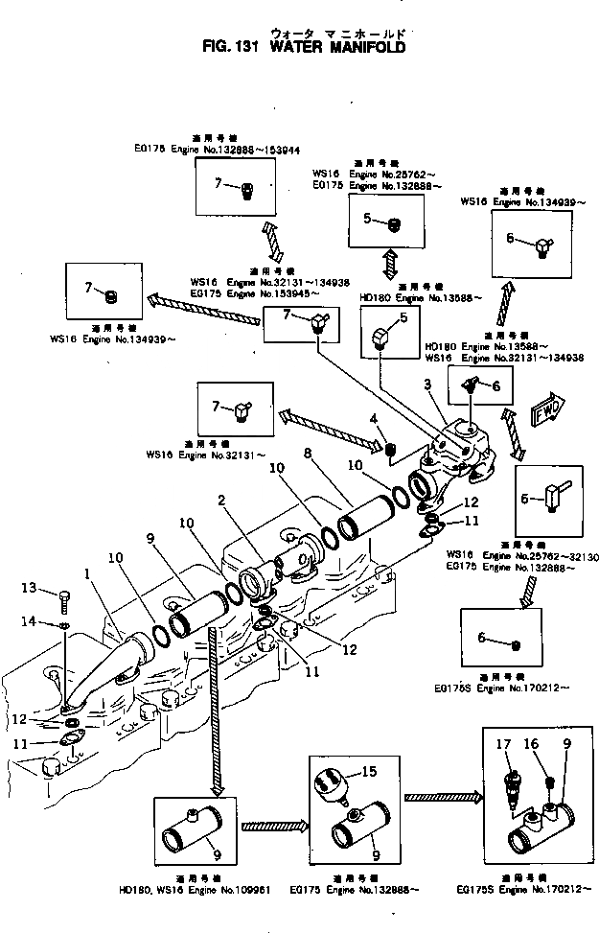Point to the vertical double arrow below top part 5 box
click(390, 262)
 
